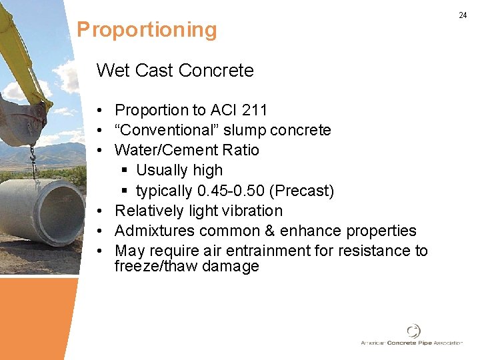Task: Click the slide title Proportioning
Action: (147, 30)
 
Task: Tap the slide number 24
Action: (463, 15)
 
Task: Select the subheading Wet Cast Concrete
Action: (175, 71)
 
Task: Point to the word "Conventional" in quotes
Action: (163, 130)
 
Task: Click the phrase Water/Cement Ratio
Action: (187, 150)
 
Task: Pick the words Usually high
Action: (179, 171)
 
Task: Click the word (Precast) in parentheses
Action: (301, 191)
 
